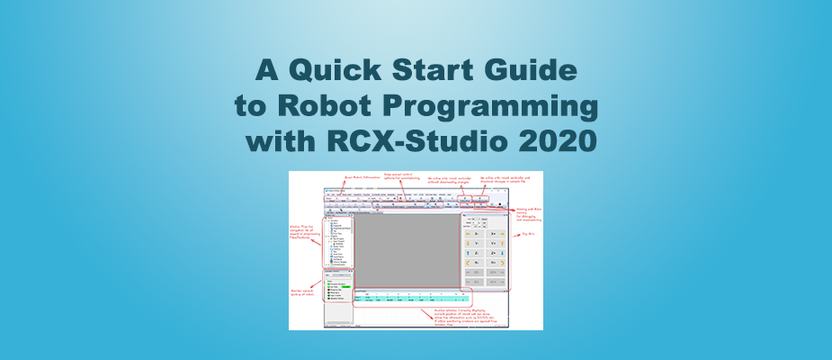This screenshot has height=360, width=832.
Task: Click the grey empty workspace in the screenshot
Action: [x=405, y=247]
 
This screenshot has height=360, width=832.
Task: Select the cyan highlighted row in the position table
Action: [x=405, y=298]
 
